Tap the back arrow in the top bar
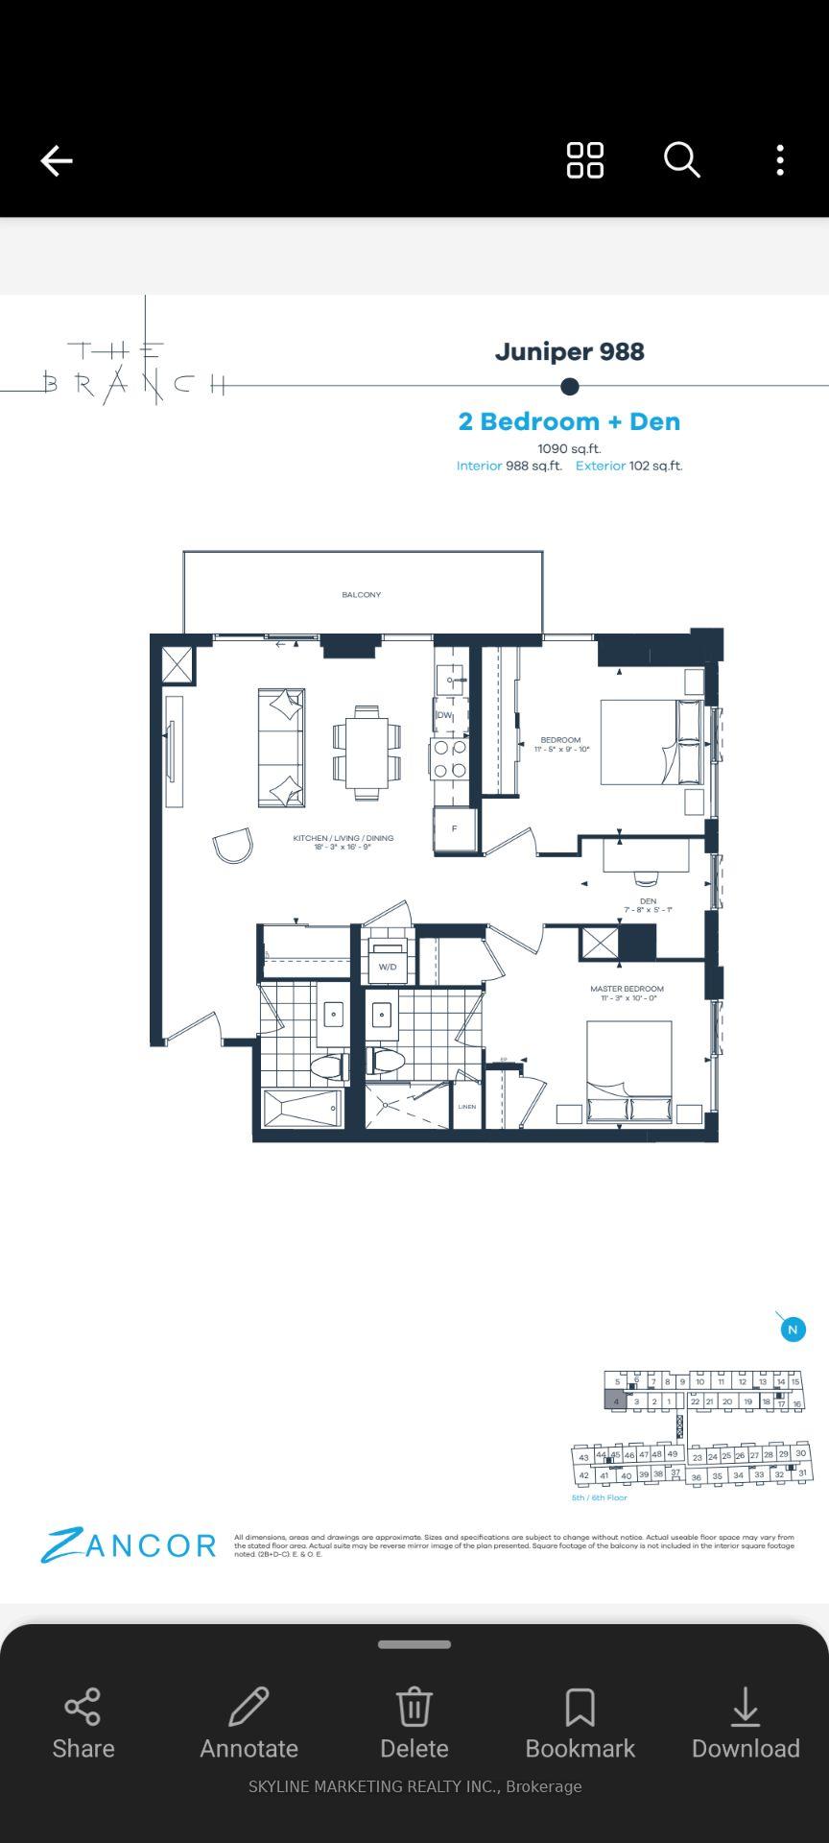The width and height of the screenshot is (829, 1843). coord(57,160)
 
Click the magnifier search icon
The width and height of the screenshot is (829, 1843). coord(681,160)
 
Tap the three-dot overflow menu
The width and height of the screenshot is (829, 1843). coord(780,160)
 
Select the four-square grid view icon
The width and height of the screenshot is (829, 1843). coord(584,160)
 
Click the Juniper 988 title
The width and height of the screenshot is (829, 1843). coord(569,352)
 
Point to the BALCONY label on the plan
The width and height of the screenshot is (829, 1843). coord(362,595)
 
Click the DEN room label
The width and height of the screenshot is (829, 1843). coord(648,901)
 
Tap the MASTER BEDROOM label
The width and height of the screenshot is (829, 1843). coord(627,989)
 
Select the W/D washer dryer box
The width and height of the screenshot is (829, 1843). coord(388,966)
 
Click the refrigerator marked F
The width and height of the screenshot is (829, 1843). coord(455,828)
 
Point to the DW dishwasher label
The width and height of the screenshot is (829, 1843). coord(444,715)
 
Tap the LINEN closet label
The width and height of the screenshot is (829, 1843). coord(467,1107)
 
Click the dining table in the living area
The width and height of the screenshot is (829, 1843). coord(367,753)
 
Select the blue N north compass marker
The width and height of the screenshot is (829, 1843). coord(793,1329)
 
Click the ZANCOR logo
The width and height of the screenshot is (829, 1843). coord(129,1545)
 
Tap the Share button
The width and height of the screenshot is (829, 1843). coord(83,1724)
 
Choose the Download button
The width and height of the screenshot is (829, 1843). coord(746,1724)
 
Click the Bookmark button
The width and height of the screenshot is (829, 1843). coord(580,1724)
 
